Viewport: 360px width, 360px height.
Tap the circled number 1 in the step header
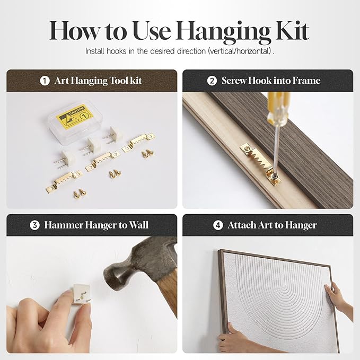(45, 81)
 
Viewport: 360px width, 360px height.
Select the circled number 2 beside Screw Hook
(212, 81)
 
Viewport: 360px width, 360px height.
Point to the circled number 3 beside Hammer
(34, 225)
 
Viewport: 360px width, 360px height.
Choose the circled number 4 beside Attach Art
(218, 225)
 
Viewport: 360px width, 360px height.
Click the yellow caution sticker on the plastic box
(75, 116)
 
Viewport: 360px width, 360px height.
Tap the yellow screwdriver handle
(278, 108)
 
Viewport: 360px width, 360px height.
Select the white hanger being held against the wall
(81, 294)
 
